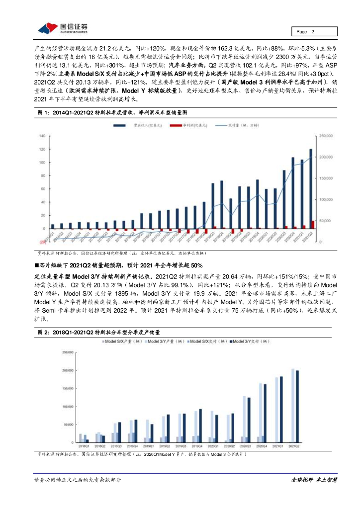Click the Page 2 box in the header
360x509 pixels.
pos(314,32)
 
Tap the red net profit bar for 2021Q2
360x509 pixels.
pos(313,225)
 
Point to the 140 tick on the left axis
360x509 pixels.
pos(42,136)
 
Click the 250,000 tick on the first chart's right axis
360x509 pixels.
pos(325,136)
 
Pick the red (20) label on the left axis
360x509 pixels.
pos(42,242)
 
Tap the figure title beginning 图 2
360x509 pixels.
pos(99,332)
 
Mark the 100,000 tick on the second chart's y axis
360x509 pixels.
pos(67,407)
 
